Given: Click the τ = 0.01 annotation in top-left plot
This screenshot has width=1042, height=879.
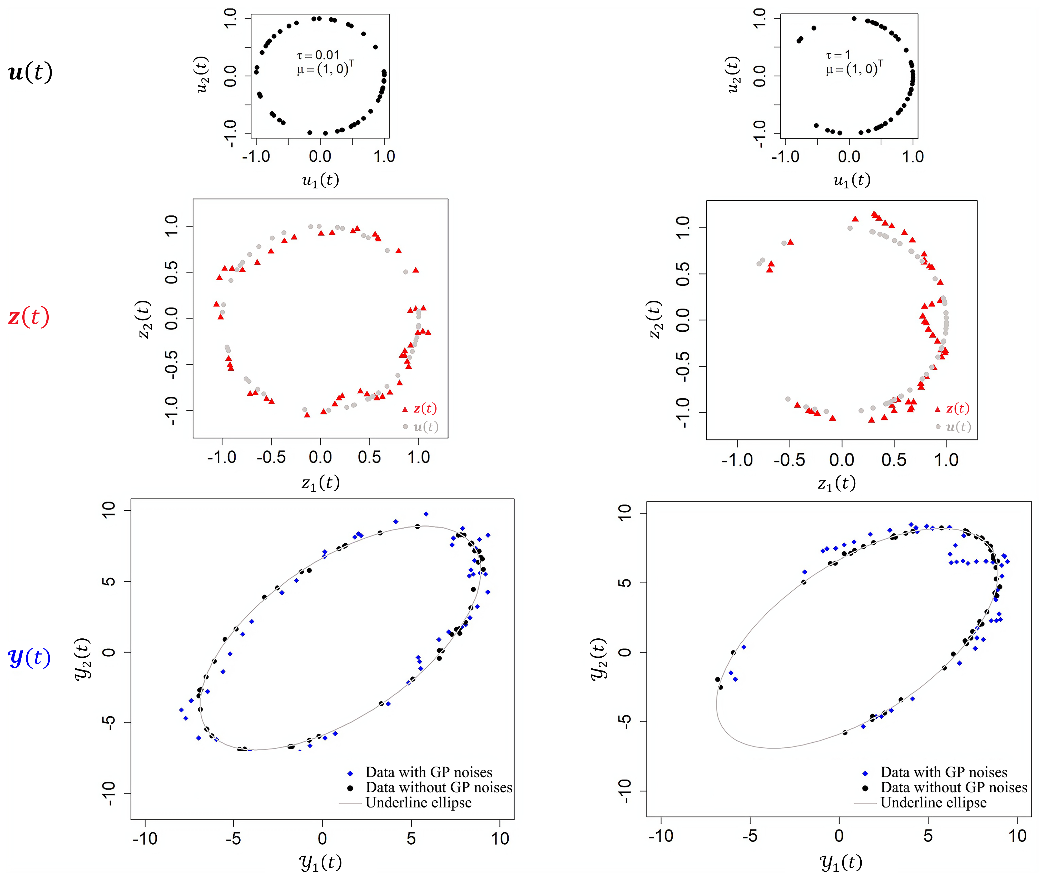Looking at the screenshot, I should point(318,55).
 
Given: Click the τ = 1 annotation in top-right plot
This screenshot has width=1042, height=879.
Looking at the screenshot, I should point(838,55).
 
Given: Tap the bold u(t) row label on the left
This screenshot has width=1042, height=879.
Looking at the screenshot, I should point(30,72).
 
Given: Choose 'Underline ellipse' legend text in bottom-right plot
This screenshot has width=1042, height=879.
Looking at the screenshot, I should point(933,803).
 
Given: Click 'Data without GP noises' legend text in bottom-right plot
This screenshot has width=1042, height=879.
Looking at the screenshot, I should point(953,788).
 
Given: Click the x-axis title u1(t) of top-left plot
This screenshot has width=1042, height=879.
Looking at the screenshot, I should point(320,180).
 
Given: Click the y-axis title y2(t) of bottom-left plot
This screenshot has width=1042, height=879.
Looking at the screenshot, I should point(83,659).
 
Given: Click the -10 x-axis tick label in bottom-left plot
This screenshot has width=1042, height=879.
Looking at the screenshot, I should point(145,839).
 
